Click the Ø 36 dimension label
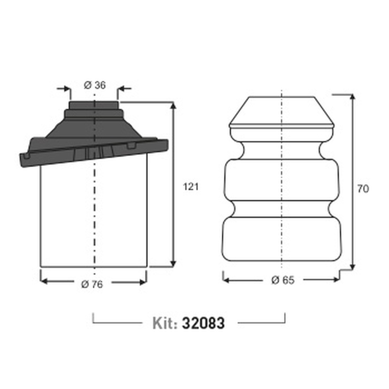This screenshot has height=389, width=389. click(95, 85)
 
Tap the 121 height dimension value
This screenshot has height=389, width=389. click(190, 187)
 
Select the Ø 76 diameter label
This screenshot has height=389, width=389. click(92, 284)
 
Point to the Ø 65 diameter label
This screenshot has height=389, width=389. click(283, 280)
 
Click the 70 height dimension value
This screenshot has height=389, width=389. click(363, 189)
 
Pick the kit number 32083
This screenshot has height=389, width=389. click(203, 323)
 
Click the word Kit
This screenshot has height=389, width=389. click(165, 323)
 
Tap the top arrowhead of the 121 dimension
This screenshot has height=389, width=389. click(173, 105)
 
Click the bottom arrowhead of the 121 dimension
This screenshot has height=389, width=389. click(173, 263)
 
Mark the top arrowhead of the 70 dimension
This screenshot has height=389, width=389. click(353, 98)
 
